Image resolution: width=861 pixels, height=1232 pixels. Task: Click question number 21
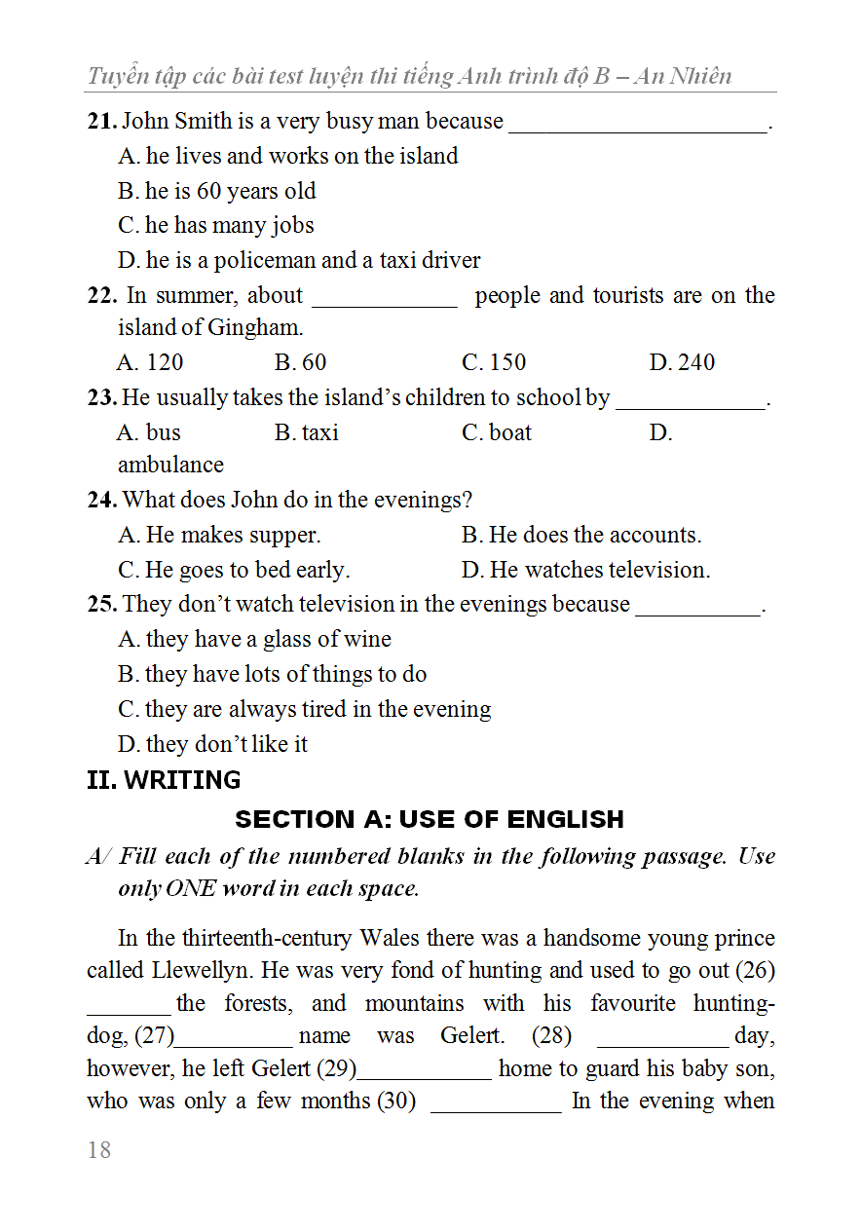[101, 122]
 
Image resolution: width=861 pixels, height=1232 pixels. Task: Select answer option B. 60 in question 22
[300, 362]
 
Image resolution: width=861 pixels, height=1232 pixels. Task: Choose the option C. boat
[497, 432]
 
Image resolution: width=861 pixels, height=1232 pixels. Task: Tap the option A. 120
[150, 362]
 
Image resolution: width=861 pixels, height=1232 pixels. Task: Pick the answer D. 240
[682, 362]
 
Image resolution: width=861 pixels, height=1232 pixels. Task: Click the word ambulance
[170, 465]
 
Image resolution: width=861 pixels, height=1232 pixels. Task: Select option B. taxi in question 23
[307, 432]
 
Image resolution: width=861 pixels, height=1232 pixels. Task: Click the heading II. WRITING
[164, 780]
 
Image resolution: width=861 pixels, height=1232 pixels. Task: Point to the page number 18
[99, 1150]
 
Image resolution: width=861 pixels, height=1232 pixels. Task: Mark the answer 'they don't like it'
[213, 744]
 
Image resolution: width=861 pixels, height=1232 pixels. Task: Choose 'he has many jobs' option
[216, 225]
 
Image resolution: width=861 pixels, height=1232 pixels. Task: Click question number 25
[101, 605]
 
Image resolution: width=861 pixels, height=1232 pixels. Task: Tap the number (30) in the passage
[396, 1101]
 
